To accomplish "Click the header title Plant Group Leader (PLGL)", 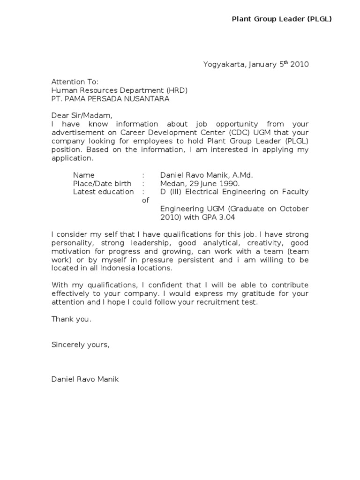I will pyautogui.click(x=282, y=19).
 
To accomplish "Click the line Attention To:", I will pyautogui.click(x=75, y=82).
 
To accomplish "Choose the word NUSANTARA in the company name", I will pyautogui.click(x=147, y=99).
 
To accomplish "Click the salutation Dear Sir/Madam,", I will pyautogui.click(x=82, y=116).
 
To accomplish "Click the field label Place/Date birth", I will pyautogui.click(x=102, y=183).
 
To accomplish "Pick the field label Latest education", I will pyautogui.click(x=103, y=192).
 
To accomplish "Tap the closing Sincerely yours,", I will pyautogui.click(x=80, y=345).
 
